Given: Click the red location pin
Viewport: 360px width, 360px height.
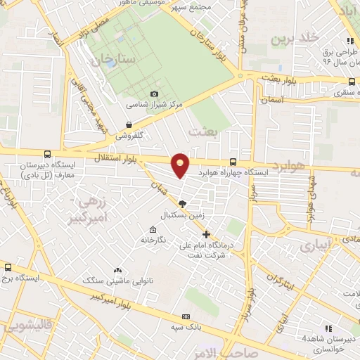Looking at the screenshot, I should (x=181, y=165).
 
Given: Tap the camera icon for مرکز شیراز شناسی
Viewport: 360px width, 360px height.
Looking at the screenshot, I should (x=154, y=94).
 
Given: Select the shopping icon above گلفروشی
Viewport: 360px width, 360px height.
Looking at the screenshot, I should (x=129, y=124).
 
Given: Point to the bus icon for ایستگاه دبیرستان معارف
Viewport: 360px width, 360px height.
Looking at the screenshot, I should (x=47, y=154).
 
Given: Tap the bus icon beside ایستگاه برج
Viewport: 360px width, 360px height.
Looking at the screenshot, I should (x=8, y=267).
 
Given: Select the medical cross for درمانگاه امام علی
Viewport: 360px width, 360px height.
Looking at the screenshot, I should (x=206, y=234).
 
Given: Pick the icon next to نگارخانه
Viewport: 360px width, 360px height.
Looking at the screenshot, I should (x=153, y=230).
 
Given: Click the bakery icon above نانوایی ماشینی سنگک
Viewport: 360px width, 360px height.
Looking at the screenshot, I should (x=117, y=270).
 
